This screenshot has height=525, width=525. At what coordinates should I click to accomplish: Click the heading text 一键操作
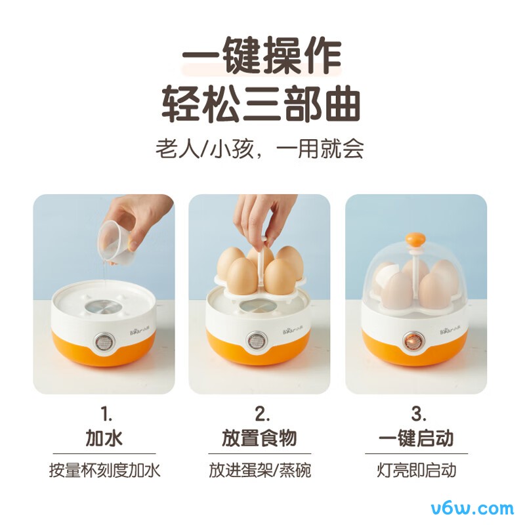(262, 56)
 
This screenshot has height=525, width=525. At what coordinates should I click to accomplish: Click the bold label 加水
(104, 438)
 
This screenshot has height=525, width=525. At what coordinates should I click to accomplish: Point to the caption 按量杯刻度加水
(104, 471)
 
